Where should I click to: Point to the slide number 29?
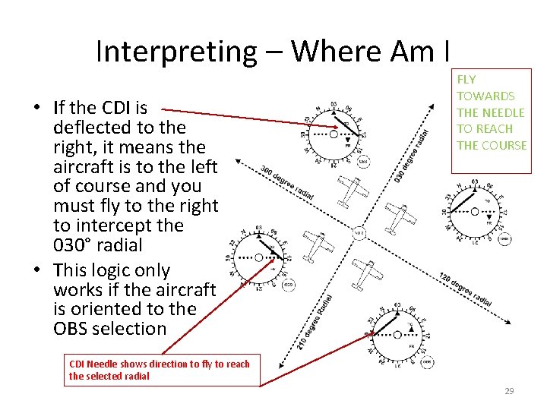point(509,391)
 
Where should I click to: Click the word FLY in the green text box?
point(466,79)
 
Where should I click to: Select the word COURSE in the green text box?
point(501,145)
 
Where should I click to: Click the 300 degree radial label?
point(287,183)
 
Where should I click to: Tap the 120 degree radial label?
point(465,289)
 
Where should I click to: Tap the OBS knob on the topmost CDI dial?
point(363,161)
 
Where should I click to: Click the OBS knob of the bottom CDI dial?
point(427,362)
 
